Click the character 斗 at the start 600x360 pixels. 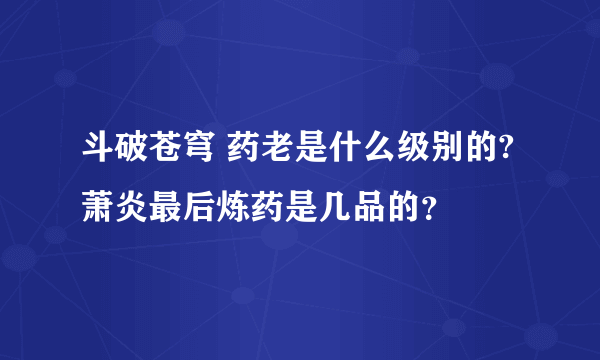pos(98,153)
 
